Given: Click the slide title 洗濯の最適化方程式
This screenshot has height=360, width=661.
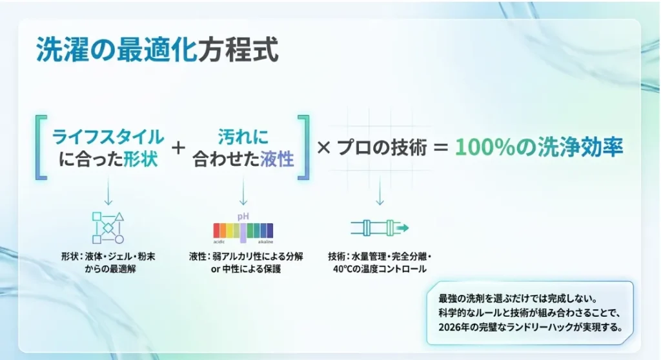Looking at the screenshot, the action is tap(157, 50).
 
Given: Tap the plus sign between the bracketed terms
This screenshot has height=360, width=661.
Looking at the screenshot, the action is tap(178, 148).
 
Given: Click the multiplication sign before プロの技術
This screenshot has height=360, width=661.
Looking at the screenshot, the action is tap(323, 148).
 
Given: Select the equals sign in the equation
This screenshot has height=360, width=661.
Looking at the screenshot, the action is tap(440, 148).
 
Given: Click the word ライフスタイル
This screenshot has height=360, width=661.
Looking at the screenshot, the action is tap(108, 137).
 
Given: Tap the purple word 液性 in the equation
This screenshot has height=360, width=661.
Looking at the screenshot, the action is tap(277, 159).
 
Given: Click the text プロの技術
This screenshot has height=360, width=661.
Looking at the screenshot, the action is tap(382, 148).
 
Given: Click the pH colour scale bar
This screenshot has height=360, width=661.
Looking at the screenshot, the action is tap(243, 231).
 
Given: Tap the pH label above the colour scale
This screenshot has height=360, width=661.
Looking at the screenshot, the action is tap(243, 217).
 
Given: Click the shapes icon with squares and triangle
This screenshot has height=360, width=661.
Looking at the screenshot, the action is tap(108, 228).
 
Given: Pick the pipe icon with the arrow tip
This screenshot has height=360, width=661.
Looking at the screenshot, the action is tap(380, 228).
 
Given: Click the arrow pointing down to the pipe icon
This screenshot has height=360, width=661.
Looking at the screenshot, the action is tap(380, 190).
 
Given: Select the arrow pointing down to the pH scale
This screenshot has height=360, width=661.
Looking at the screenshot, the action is tap(243, 190).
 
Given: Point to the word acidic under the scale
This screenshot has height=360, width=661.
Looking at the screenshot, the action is tap(219, 242).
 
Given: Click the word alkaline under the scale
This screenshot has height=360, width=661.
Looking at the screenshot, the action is tap(265, 242).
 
